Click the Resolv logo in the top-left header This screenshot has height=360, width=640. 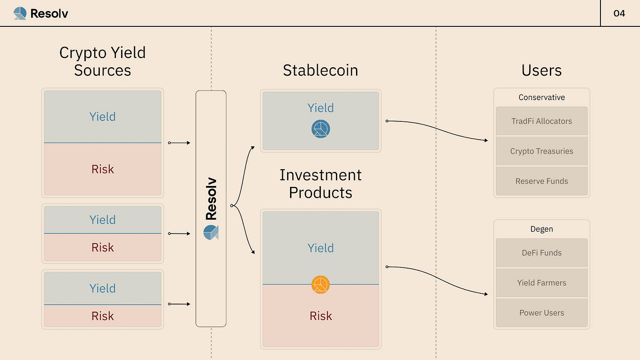click(40, 13)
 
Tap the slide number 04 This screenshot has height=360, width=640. click(619, 13)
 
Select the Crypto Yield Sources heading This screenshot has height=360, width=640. click(102, 62)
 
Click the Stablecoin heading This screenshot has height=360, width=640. click(320, 70)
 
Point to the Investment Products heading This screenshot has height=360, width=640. click(320, 184)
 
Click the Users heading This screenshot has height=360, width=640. click(542, 70)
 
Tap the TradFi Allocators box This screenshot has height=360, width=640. click(542, 121)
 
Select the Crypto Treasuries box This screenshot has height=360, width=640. click(542, 151)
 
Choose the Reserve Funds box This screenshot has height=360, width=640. click(542, 181)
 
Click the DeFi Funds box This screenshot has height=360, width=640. click(542, 253)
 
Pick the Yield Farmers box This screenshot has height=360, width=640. click(542, 283)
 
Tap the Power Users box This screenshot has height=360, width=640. click(542, 313)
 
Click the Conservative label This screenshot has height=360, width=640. click(542, 97)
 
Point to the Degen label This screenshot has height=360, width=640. click(542, 229)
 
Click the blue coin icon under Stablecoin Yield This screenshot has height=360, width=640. click(320, 129)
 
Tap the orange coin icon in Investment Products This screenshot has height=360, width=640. click(320, 284)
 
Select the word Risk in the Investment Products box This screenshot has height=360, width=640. click(320, 316)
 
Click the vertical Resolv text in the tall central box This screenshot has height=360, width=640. click(211, 199)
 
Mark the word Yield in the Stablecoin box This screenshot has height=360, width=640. click(320, 108)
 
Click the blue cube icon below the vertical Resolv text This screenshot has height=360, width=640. click(211, 232)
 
